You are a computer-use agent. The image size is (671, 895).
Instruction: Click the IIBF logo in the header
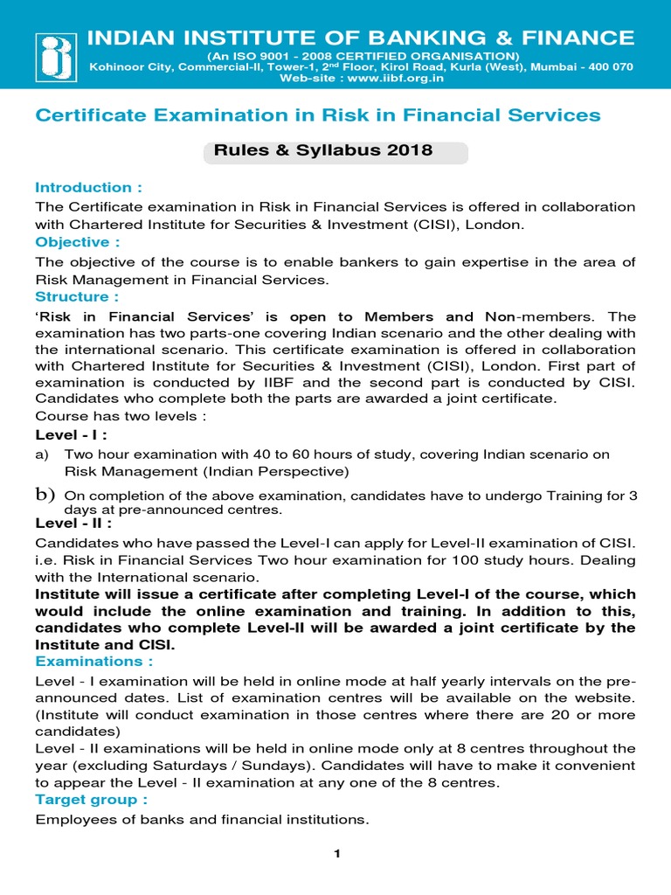(x=53, y=56)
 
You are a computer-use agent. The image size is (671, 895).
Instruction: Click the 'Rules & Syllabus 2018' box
(x=335, y=150)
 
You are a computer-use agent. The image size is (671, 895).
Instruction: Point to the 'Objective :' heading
(x=77, y=241)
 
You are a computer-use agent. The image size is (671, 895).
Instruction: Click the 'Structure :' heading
(x=77, y=296)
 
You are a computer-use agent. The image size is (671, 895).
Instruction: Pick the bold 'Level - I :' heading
(x=71, y=435)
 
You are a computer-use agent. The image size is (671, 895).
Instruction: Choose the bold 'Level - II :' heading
(x=73, y=523)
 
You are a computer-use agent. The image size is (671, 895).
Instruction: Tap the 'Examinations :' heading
(x=93, y=662)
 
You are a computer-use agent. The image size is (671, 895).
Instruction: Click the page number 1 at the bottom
(x=335, y=854)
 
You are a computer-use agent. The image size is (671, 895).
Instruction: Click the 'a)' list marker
(x=42, y=454)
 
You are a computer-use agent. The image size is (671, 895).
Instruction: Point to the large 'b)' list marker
(x=45, y=495)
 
